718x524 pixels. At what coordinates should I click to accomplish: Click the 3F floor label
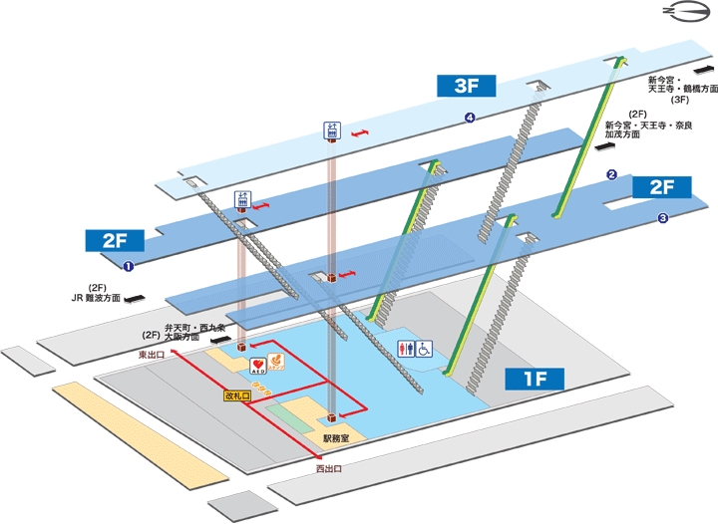(468, 86)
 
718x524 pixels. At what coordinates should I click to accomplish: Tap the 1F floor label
(535, 379)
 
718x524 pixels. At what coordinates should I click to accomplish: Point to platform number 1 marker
(128, 266)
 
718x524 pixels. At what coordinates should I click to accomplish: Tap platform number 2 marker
(611, 175)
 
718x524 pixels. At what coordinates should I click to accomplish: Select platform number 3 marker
(661, 218)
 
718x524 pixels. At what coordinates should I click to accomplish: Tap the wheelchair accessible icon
(424, 350)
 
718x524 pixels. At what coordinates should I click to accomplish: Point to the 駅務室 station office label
(336, 439)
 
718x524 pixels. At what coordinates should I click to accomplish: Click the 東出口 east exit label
(152, 353)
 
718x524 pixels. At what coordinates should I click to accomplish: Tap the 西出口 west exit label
(329, 468)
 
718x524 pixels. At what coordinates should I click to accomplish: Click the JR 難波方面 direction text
(96, 297)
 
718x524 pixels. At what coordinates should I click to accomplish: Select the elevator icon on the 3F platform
(332, 131)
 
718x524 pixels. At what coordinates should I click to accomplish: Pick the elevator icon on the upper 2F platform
(242, 199)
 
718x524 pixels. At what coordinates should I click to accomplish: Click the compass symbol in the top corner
(685, 14)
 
